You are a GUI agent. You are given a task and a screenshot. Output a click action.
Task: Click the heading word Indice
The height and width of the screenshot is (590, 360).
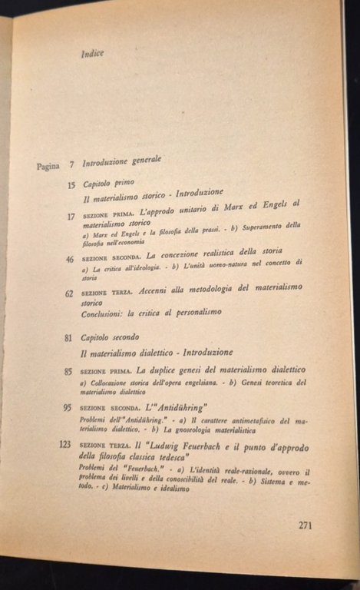tap(92, 53)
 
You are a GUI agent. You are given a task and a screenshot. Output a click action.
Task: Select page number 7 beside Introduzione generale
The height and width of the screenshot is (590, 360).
tap(71, 164)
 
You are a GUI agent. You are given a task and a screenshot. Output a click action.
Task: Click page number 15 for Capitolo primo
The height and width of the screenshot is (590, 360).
tap(71, 184)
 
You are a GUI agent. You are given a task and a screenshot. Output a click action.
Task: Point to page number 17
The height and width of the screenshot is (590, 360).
tap(71, 216)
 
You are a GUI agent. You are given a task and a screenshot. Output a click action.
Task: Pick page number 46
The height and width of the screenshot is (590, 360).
tap(70, 259)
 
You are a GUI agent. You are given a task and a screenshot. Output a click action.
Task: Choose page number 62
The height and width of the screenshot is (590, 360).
tap(69, 293)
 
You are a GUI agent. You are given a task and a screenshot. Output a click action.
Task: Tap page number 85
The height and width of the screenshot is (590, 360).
tap(68, 371)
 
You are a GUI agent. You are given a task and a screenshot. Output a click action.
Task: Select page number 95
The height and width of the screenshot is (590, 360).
tap(68, 407)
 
